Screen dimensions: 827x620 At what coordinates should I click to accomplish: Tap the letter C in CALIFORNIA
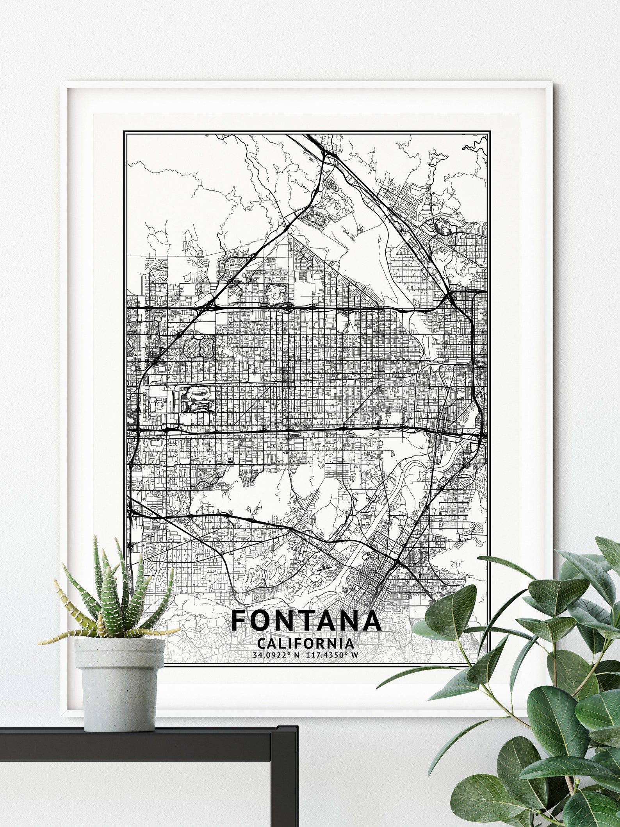tap(262, 643)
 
